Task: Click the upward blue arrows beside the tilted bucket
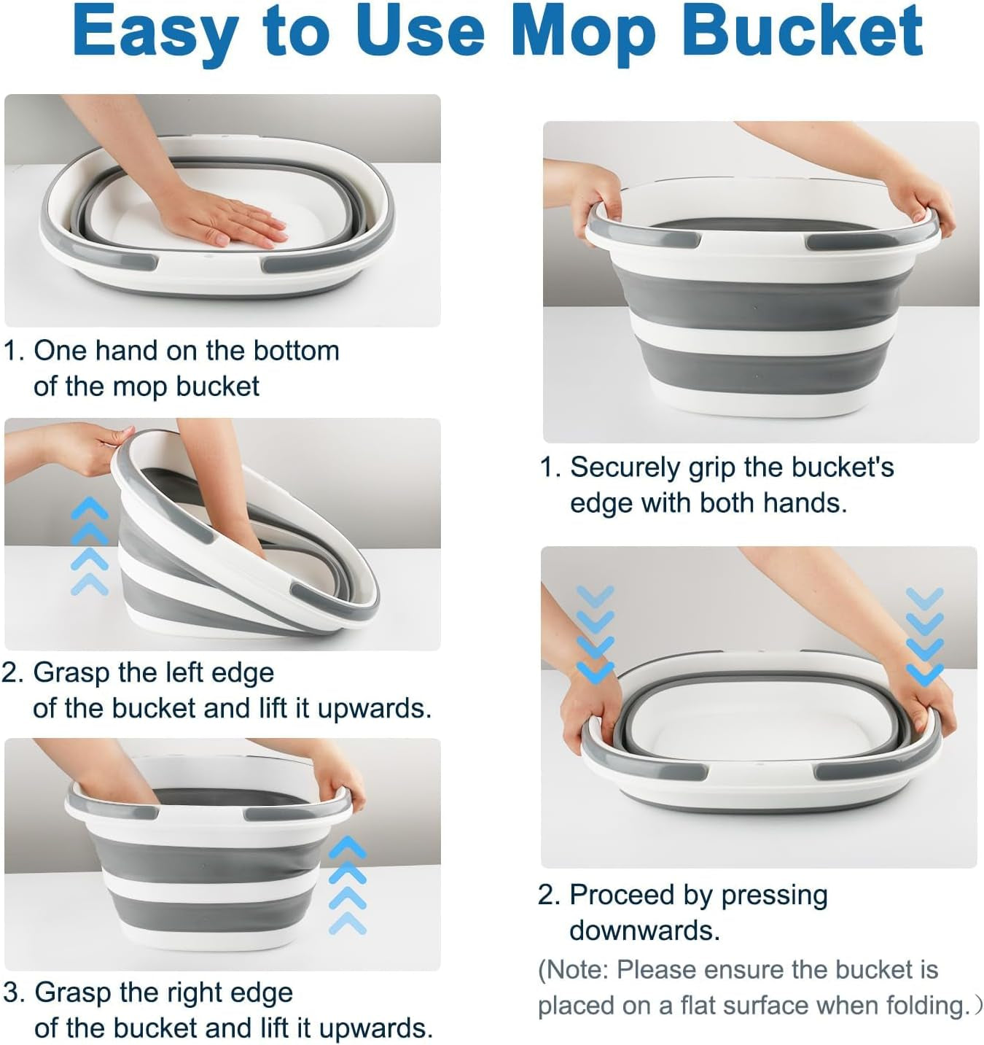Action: pyautogui.click(x=89, y=546)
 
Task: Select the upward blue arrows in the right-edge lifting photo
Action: pyautogui.click(x=348, y=886)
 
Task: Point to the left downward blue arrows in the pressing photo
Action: pyautogui.click(x=596, y=634)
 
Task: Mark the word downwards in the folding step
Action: pyautogui.click(x=644, y=931)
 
